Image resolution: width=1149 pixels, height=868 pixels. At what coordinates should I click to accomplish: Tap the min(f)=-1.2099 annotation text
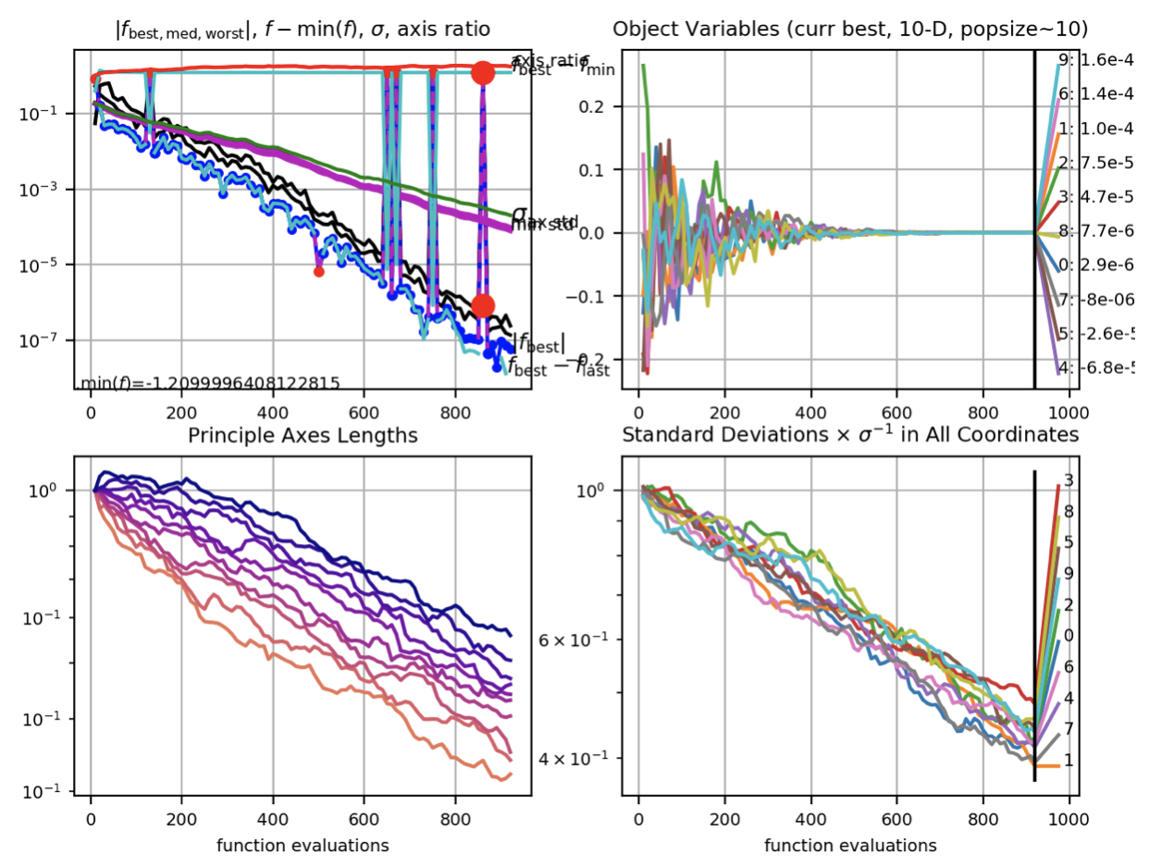pos(210,383)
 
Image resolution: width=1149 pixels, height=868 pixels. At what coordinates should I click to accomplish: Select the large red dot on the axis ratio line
pos(482,72)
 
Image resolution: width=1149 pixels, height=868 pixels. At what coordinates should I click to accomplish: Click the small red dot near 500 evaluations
pos(319,271)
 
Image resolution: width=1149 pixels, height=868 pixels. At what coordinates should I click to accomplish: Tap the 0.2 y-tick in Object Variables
pos(606,106)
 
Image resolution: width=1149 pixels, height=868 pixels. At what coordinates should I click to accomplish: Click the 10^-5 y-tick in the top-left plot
pos(51,265)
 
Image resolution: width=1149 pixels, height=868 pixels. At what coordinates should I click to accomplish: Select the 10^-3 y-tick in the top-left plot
pos(51,189)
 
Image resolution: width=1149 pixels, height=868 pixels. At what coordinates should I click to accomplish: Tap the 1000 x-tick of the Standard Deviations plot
pos(1069,819)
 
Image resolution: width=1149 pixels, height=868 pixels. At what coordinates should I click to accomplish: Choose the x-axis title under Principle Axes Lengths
pos(303,845)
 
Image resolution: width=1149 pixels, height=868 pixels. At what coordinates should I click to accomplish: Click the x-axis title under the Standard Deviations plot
pos(850,845)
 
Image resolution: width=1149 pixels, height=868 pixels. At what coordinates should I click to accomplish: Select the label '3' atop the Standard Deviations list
pos(1069,480)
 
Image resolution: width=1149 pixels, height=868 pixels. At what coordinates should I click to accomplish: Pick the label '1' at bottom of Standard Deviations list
pos(1069,761)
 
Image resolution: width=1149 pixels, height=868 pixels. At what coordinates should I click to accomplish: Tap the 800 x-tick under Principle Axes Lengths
pos(455,819)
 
